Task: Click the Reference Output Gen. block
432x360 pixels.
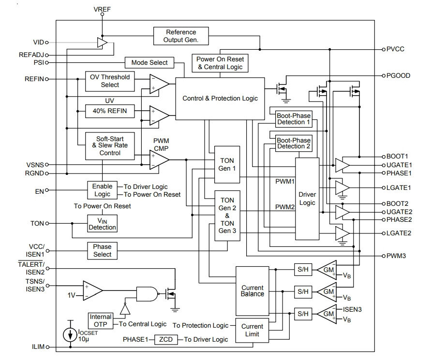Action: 181,36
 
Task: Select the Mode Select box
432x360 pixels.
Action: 149,63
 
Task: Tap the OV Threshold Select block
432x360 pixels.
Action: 110,81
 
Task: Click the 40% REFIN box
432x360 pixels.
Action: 110,111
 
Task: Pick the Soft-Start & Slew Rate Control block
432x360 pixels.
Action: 110,146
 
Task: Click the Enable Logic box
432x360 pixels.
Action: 102,190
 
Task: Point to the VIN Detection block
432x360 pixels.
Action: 102,223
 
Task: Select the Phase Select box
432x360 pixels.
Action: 102,251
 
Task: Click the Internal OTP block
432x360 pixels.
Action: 101,321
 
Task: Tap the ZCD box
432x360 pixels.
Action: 166,339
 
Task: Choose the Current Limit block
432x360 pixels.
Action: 252,330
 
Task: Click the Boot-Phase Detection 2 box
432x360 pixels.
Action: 294,143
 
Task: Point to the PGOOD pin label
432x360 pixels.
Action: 398,76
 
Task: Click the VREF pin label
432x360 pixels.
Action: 102,9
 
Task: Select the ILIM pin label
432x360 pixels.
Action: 38,347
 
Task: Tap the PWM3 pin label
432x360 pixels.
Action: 396,256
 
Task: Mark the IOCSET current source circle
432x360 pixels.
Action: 70,335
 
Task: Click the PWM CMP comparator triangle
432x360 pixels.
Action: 159,159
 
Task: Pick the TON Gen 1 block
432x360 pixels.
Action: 227,165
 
